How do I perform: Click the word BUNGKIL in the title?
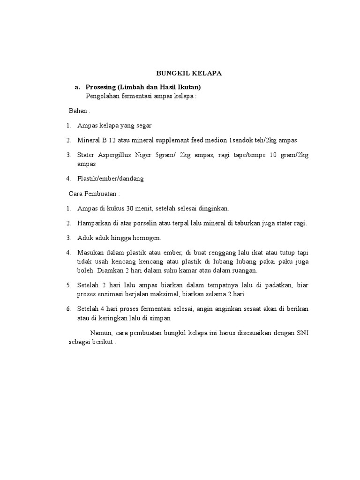point(171,74)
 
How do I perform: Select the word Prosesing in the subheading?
point(101,87)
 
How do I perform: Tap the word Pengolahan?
point(103,97)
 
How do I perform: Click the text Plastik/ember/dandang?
point(110,179)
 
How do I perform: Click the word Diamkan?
point(113,270)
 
